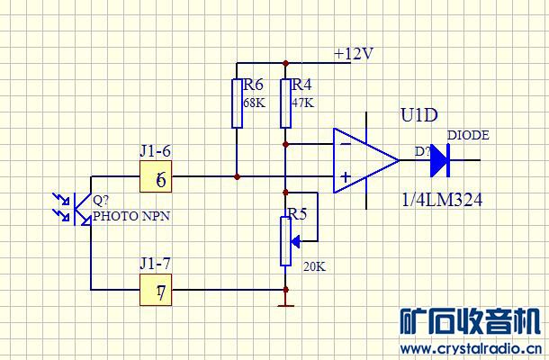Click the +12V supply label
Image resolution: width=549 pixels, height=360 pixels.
tap(353, 53)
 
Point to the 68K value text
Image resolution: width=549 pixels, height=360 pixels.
tap(255, 103)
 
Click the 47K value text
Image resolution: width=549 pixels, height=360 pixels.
tap(303, 103)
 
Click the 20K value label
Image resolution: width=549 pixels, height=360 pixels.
tap(315, 266)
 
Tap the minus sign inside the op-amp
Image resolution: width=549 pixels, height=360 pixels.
tap(344, 141)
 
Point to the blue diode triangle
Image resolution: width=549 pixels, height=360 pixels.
tap(438, 160)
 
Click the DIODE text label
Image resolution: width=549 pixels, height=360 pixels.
tap(468, 135)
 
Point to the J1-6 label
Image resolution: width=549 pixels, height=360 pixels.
tap(155, 151)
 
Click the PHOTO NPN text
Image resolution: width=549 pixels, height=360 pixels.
tap(131, 217)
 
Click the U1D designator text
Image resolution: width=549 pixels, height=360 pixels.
tap(418, 116)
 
